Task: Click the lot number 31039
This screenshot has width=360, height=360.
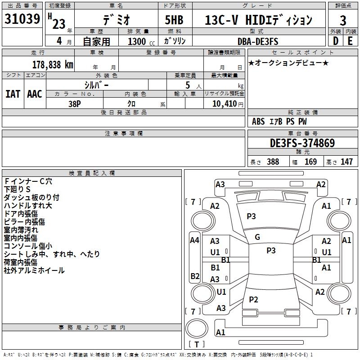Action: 22,19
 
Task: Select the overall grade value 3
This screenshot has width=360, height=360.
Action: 343,21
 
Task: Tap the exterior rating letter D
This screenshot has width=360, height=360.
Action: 335,41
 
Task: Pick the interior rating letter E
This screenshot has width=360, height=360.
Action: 350,41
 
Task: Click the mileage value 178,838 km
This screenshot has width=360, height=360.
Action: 53,65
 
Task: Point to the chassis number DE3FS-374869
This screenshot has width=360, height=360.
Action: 302,143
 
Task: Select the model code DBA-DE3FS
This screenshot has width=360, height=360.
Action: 258,41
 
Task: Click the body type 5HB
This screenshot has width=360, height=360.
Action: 174,20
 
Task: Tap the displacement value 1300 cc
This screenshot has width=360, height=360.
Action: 141,41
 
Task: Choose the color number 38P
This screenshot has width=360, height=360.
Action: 75,104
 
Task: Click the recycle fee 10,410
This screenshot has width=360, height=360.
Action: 225,103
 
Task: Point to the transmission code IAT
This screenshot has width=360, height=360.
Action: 13,94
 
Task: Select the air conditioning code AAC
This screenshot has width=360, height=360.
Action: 35,94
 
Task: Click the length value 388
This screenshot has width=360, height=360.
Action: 273,162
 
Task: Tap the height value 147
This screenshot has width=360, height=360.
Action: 346,162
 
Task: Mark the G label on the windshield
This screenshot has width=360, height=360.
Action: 257,237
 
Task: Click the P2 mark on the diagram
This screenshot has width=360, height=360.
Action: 253,299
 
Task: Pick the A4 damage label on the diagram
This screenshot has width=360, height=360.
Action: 194,240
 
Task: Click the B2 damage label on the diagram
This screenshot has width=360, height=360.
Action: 195,276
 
